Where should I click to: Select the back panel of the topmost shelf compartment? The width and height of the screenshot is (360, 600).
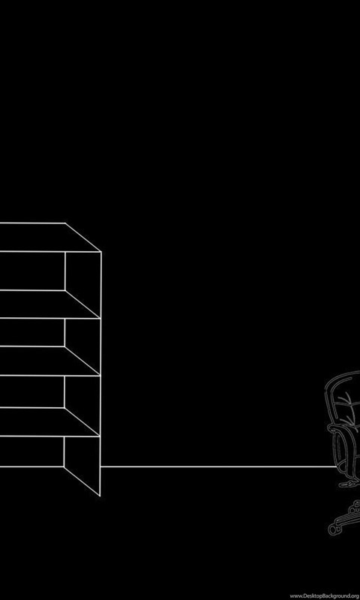point(32,271)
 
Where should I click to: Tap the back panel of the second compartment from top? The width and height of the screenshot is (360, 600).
point(32,332)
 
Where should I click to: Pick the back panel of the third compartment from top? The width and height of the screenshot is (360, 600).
point(32,391)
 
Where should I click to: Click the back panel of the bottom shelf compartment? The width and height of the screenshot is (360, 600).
point(31,451)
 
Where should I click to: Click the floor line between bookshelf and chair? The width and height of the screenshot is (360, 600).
point(218,466)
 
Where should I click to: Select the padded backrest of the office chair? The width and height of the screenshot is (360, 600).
point(346,398)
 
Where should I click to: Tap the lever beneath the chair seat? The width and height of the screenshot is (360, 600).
point(348,484)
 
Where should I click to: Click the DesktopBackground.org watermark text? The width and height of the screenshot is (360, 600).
point(325,595)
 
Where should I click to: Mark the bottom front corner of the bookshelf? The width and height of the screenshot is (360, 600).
point(100,496)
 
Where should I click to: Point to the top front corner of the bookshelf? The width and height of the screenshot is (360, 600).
point(101,252)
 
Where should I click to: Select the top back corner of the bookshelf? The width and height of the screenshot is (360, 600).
point(65,223)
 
